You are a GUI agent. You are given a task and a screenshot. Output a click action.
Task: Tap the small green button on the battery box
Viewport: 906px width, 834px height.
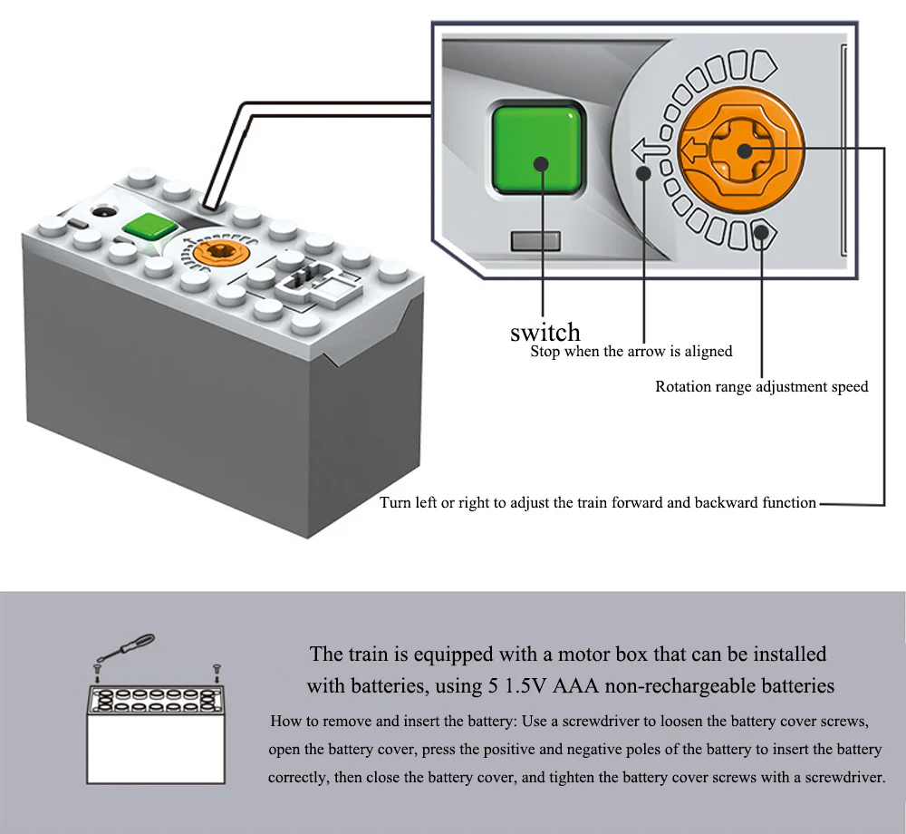pos(144,228)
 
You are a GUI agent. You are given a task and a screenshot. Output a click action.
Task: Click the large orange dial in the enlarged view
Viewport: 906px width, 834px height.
pos(742,150)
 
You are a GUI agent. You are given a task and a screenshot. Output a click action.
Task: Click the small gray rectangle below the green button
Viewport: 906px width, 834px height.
pos(535,241)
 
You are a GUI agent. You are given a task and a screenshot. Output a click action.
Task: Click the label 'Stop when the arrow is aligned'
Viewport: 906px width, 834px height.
pos(631,351)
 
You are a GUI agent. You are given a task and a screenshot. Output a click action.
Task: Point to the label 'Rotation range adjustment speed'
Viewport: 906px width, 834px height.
pos(761,387)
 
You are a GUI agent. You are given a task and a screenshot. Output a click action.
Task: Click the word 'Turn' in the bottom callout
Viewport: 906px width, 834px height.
pos(395,502)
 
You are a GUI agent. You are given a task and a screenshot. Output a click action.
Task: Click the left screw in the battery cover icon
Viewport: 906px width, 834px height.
pos(96,671)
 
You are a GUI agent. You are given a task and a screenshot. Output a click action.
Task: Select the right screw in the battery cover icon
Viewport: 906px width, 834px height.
pos(217,671)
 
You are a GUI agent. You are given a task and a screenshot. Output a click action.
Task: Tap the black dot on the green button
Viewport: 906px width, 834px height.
pos(542,164)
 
